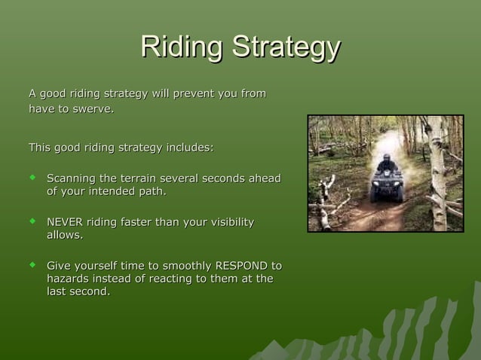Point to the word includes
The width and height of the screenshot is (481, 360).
[x=188, y=147]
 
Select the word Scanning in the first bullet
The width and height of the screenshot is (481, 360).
[x=72, y=178]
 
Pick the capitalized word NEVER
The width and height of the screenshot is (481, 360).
[x=65, y=222]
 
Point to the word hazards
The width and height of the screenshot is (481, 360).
[x=68, y=279]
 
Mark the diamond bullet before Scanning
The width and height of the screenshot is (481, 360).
[x=32, y=178]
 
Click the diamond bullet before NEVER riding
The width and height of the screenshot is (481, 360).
[x=32, y=221]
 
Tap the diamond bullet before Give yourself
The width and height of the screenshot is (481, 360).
[x=32, y=265]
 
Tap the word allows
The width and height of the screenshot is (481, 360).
[x=64, y=235]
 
